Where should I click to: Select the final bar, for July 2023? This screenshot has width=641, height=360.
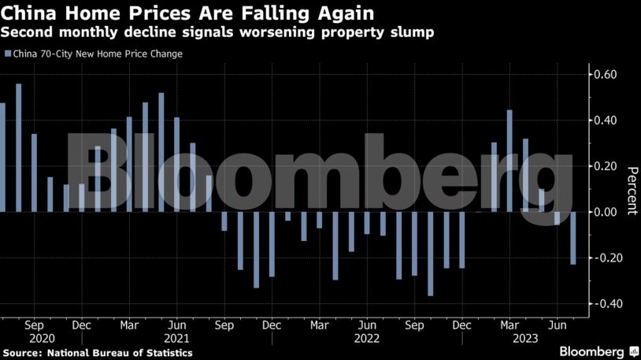pos(572,238)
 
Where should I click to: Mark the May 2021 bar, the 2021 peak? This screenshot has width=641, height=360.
pos(161,153)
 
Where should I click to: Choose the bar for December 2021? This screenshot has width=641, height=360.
pos(272,244)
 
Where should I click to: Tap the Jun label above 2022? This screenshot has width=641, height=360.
pos(367,324)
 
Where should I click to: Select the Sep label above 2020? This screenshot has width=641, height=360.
pos(34,324)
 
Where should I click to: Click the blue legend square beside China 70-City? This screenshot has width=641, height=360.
pos(8,54)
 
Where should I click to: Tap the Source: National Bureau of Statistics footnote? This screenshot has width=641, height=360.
pos(98,352)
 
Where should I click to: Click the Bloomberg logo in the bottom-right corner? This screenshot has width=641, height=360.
pos(598,351)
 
